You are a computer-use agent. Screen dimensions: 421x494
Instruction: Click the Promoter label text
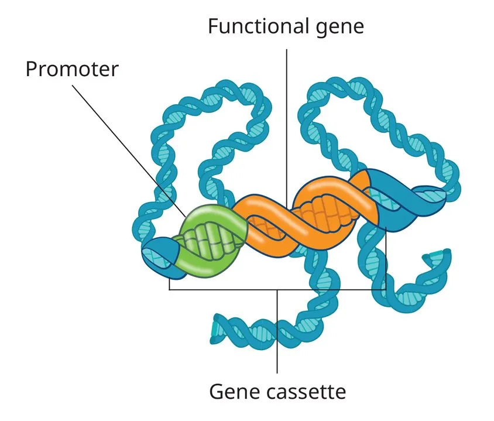pyautogui.click(x=71, y=69)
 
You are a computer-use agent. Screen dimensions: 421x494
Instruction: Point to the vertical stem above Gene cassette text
pyautogui.click(x=277, y=334)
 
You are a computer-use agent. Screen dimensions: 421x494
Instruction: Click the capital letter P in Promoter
pyautogui.click(x=31, y=69)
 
